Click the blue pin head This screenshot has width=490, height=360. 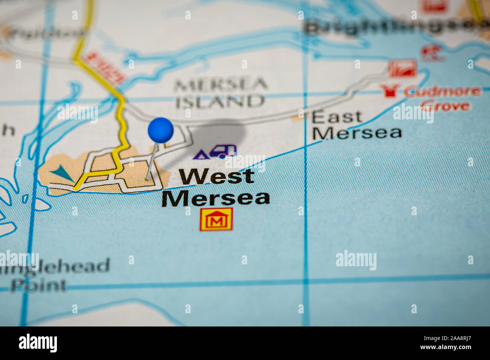(x=161, y=130)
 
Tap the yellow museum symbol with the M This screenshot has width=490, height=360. (x=216, y=219)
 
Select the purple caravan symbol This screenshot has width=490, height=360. (x=223, y=151)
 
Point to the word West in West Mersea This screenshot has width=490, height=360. (x=216, y=176)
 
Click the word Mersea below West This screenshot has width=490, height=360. (x=216, y=198)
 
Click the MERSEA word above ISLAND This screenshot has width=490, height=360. (x=220, y=84)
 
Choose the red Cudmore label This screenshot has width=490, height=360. (x=443, y=91)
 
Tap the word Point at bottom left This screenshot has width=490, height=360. (x=38, y=285)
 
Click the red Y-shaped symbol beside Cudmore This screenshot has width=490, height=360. (x=389, y=91)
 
